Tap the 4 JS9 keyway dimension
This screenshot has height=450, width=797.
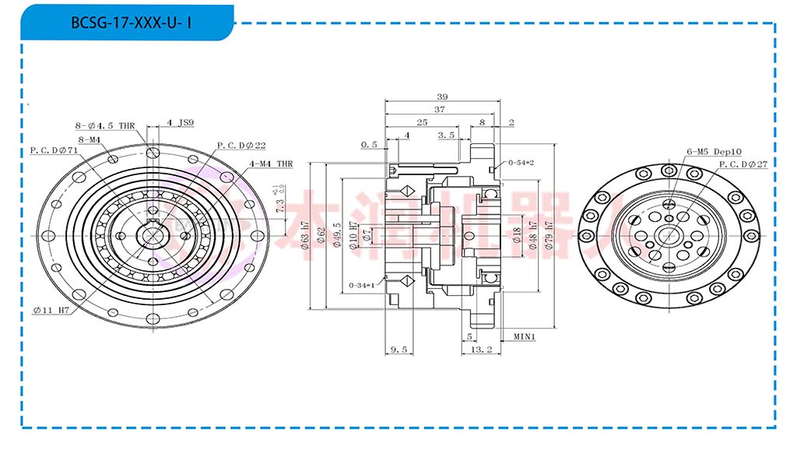(x=181, y=123)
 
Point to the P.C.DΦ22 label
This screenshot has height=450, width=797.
(x=241, y=146)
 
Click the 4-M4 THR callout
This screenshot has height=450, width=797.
(x=271, y=164)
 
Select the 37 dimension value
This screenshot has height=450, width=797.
(x=440, y=110)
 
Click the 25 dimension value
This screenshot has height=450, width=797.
(x=421, y=123)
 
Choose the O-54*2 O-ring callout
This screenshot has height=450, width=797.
(x=519, y=163)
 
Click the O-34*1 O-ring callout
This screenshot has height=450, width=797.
(x=362, y=285)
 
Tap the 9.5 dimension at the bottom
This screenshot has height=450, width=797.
(x=398, y=350)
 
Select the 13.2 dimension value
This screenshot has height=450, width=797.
(x=482, y=350)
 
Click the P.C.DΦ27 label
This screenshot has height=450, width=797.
(x=743, y=165)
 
